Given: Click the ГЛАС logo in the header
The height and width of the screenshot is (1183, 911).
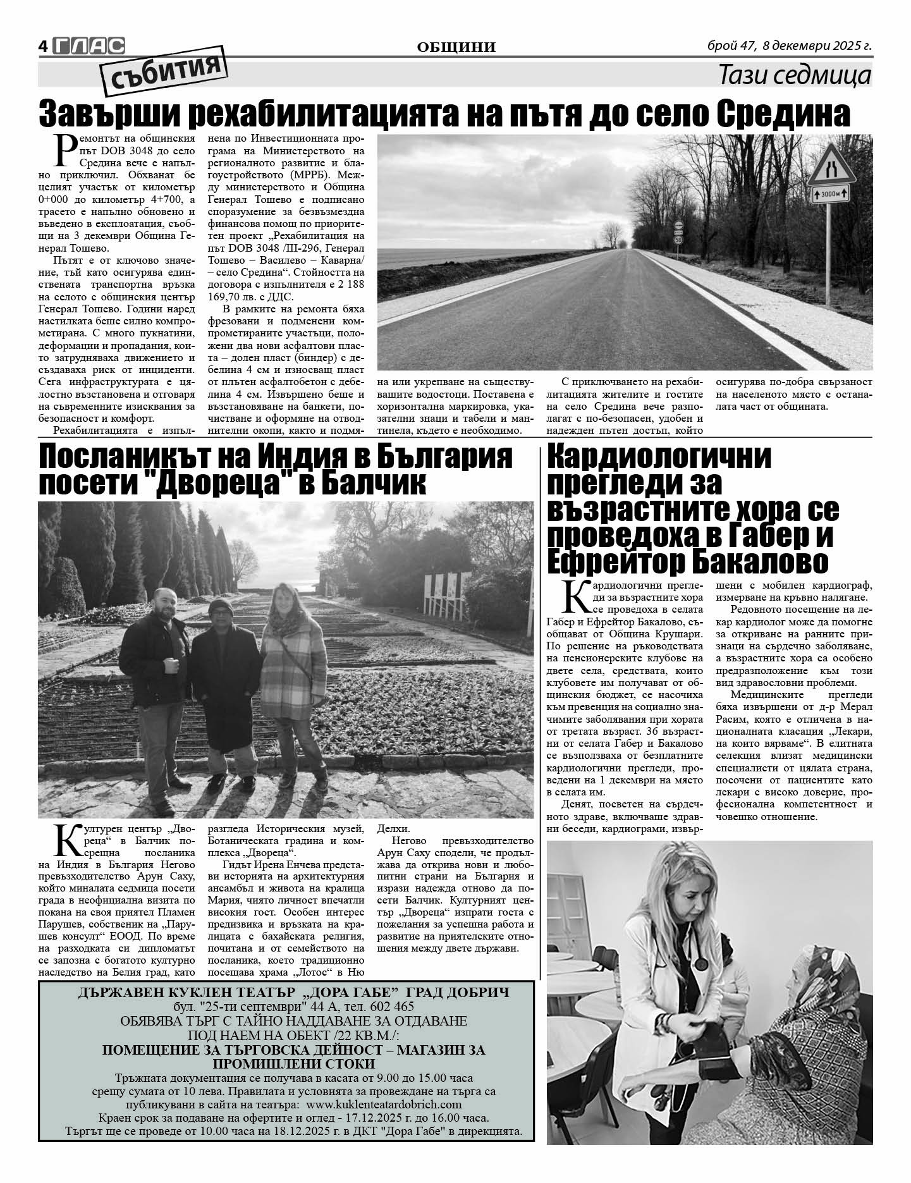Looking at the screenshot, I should tap(89, 46).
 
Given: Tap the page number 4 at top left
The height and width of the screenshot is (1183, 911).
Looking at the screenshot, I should tap(43, 46).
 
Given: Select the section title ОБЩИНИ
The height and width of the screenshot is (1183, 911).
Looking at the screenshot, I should tap(456, 47).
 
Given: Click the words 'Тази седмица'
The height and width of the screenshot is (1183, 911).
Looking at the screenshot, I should tap(795, 76).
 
